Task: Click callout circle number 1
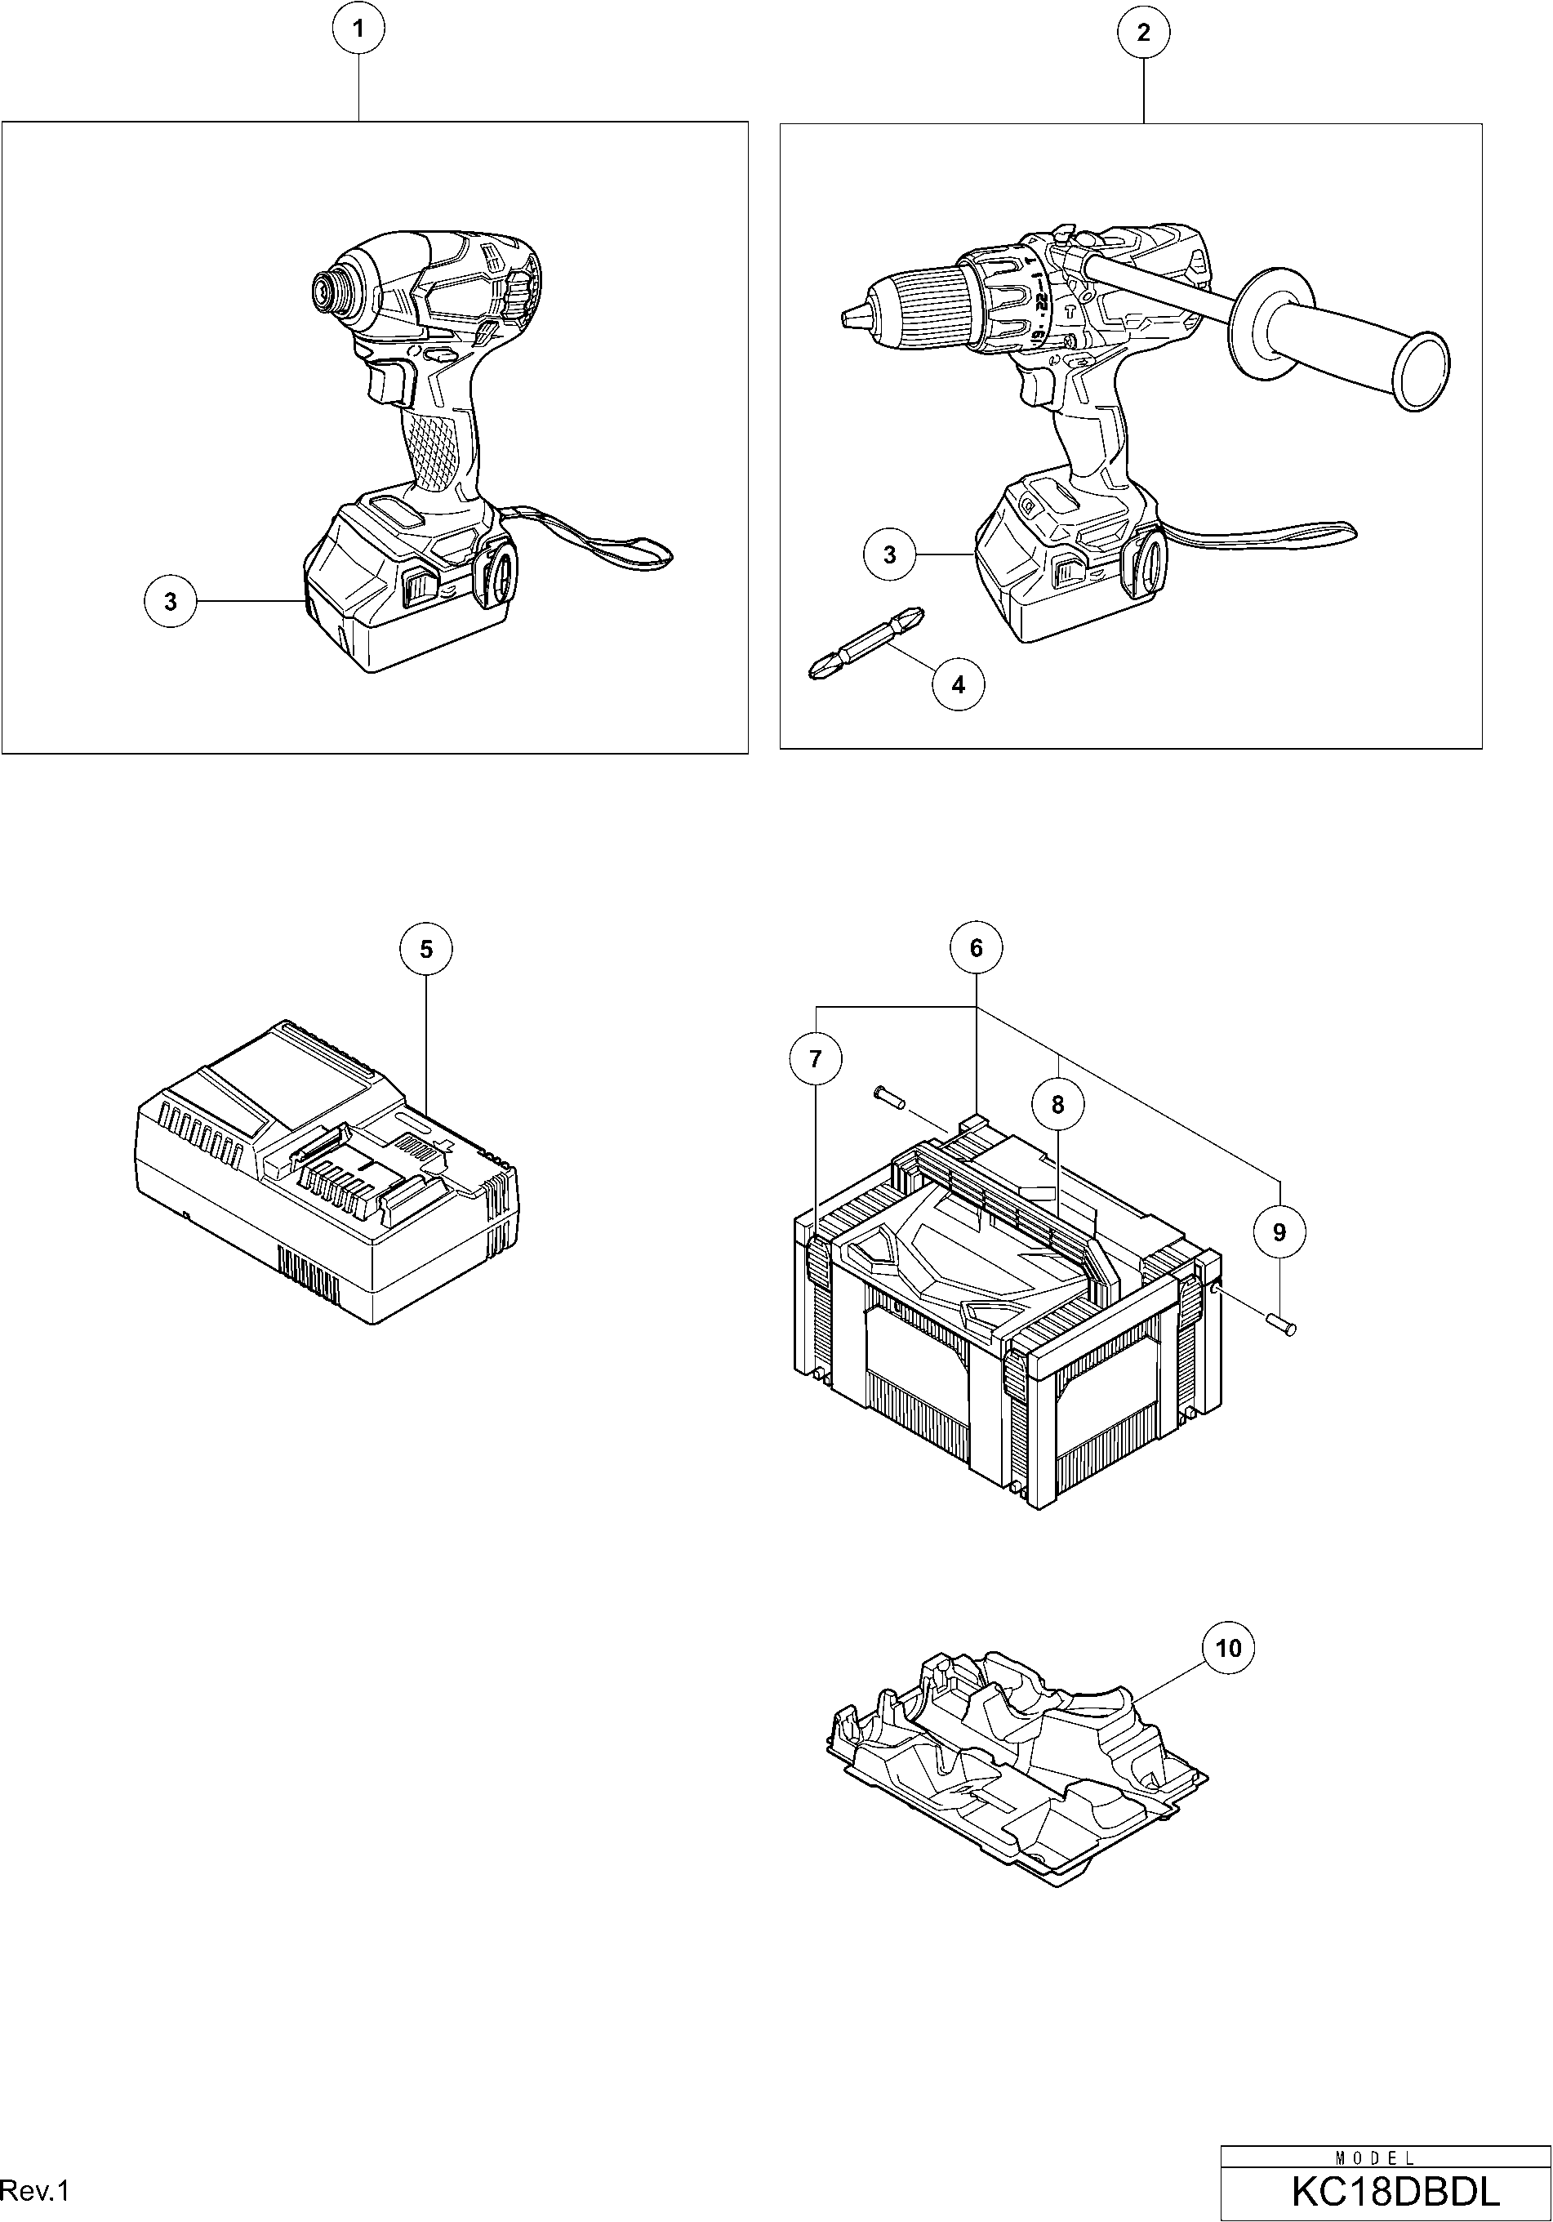(x=359, y=30)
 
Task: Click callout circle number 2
(x=1144, y=33)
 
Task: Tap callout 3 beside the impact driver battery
(x=171, y=602)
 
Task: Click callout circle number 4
(x=958, y=684)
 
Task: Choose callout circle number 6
(x=976, y=948)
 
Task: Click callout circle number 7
(x=816, y=1060)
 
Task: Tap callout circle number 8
(x=1057, y=1104)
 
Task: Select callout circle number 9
(x=1279, y=1232)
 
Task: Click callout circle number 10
(x=1228, y=1648)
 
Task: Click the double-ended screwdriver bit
(x=865, y=644)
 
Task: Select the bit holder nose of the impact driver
(x=324, y=287)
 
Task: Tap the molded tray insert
(x=1016, y=1771)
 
